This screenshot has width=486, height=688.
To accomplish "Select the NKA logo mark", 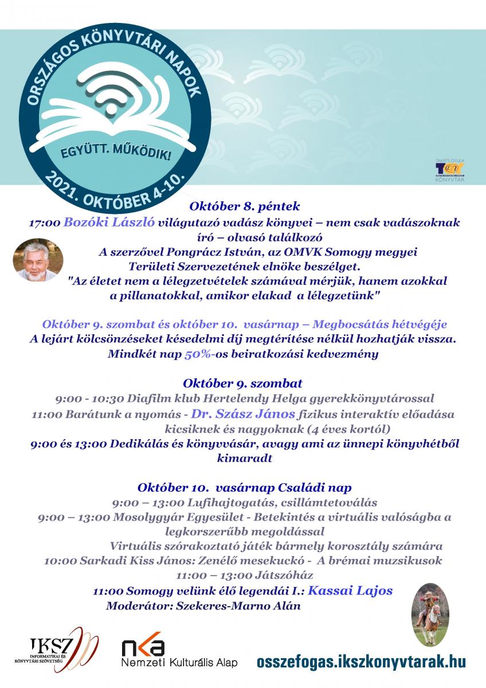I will click(x=143, y=648).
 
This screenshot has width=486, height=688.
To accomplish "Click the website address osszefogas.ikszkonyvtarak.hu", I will click(x=361, y=661).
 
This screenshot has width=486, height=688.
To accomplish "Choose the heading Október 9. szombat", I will click(x=243, y=382).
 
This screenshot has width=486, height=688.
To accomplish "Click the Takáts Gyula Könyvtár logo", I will click(x=449, y=169).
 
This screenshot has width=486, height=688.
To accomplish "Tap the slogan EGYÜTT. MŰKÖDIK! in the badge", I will click(x=117, y=150).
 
